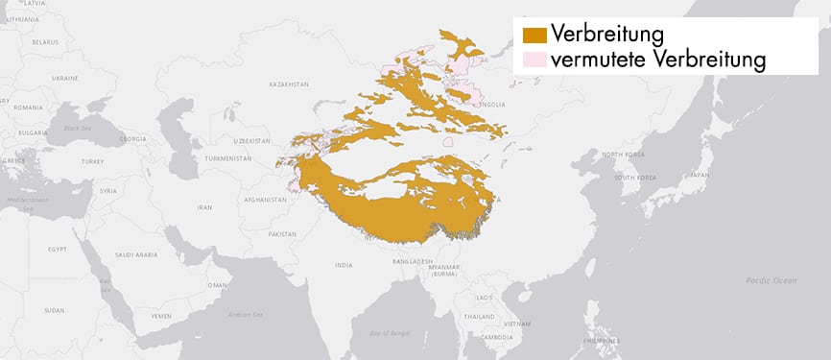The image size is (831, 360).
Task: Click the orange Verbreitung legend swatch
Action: coord(534,35)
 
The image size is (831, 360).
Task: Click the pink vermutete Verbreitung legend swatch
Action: coord(534,60)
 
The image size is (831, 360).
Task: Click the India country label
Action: coord(343,264)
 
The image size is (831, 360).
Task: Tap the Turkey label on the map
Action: coord(92,161)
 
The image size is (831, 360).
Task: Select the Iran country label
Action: coord(204,206)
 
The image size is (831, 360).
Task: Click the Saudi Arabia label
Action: coord(136,254)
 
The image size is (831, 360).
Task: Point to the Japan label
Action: coord(699,175)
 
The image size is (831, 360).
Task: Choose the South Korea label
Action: coord(633,178)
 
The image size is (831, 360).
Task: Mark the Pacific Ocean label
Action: coord(772,280)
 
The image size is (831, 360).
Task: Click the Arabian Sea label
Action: coord(245,313)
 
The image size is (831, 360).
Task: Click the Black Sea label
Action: coord(75,128)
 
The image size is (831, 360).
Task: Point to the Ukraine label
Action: coord(65,77)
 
